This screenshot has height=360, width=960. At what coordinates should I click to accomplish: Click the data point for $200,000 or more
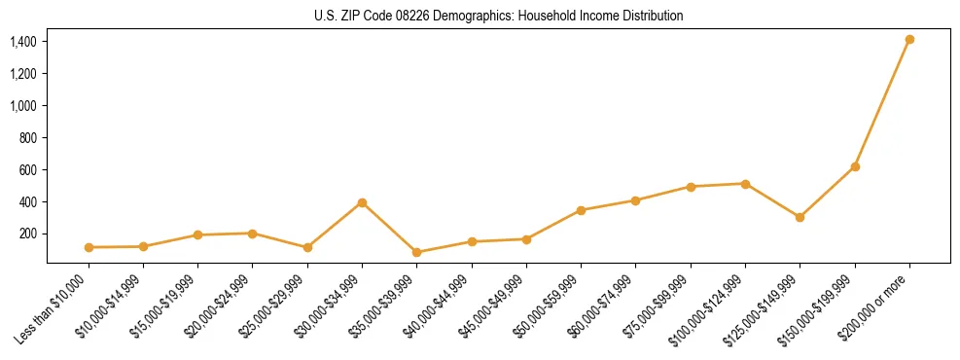(x=909, y=40)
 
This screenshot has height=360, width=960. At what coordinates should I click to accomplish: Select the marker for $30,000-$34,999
(x=362, y=202)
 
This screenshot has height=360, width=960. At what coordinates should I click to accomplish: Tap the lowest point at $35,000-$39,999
(x=416, y=252)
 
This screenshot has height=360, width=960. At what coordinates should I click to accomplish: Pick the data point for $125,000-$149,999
(x=800, y=217)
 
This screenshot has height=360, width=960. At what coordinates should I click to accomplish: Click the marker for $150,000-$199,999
(x=855, y=166)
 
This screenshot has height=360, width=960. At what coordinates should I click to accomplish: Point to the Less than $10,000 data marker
(x=89, y=247)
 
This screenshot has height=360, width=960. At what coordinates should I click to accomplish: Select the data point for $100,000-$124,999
(x=745, y=184)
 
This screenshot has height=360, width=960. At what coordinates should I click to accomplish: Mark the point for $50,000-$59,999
(x=581, y=210)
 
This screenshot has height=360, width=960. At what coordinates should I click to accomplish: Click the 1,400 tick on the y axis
(x=23, y=42)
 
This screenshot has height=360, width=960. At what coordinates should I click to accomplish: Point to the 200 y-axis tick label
(x=28, y=234)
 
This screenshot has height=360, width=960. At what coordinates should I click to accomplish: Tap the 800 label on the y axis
(x=28, y=138)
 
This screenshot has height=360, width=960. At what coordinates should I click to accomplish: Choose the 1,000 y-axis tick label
(x=23, y=106)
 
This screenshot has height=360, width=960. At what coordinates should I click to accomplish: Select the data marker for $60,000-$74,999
(x=635, y=200)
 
